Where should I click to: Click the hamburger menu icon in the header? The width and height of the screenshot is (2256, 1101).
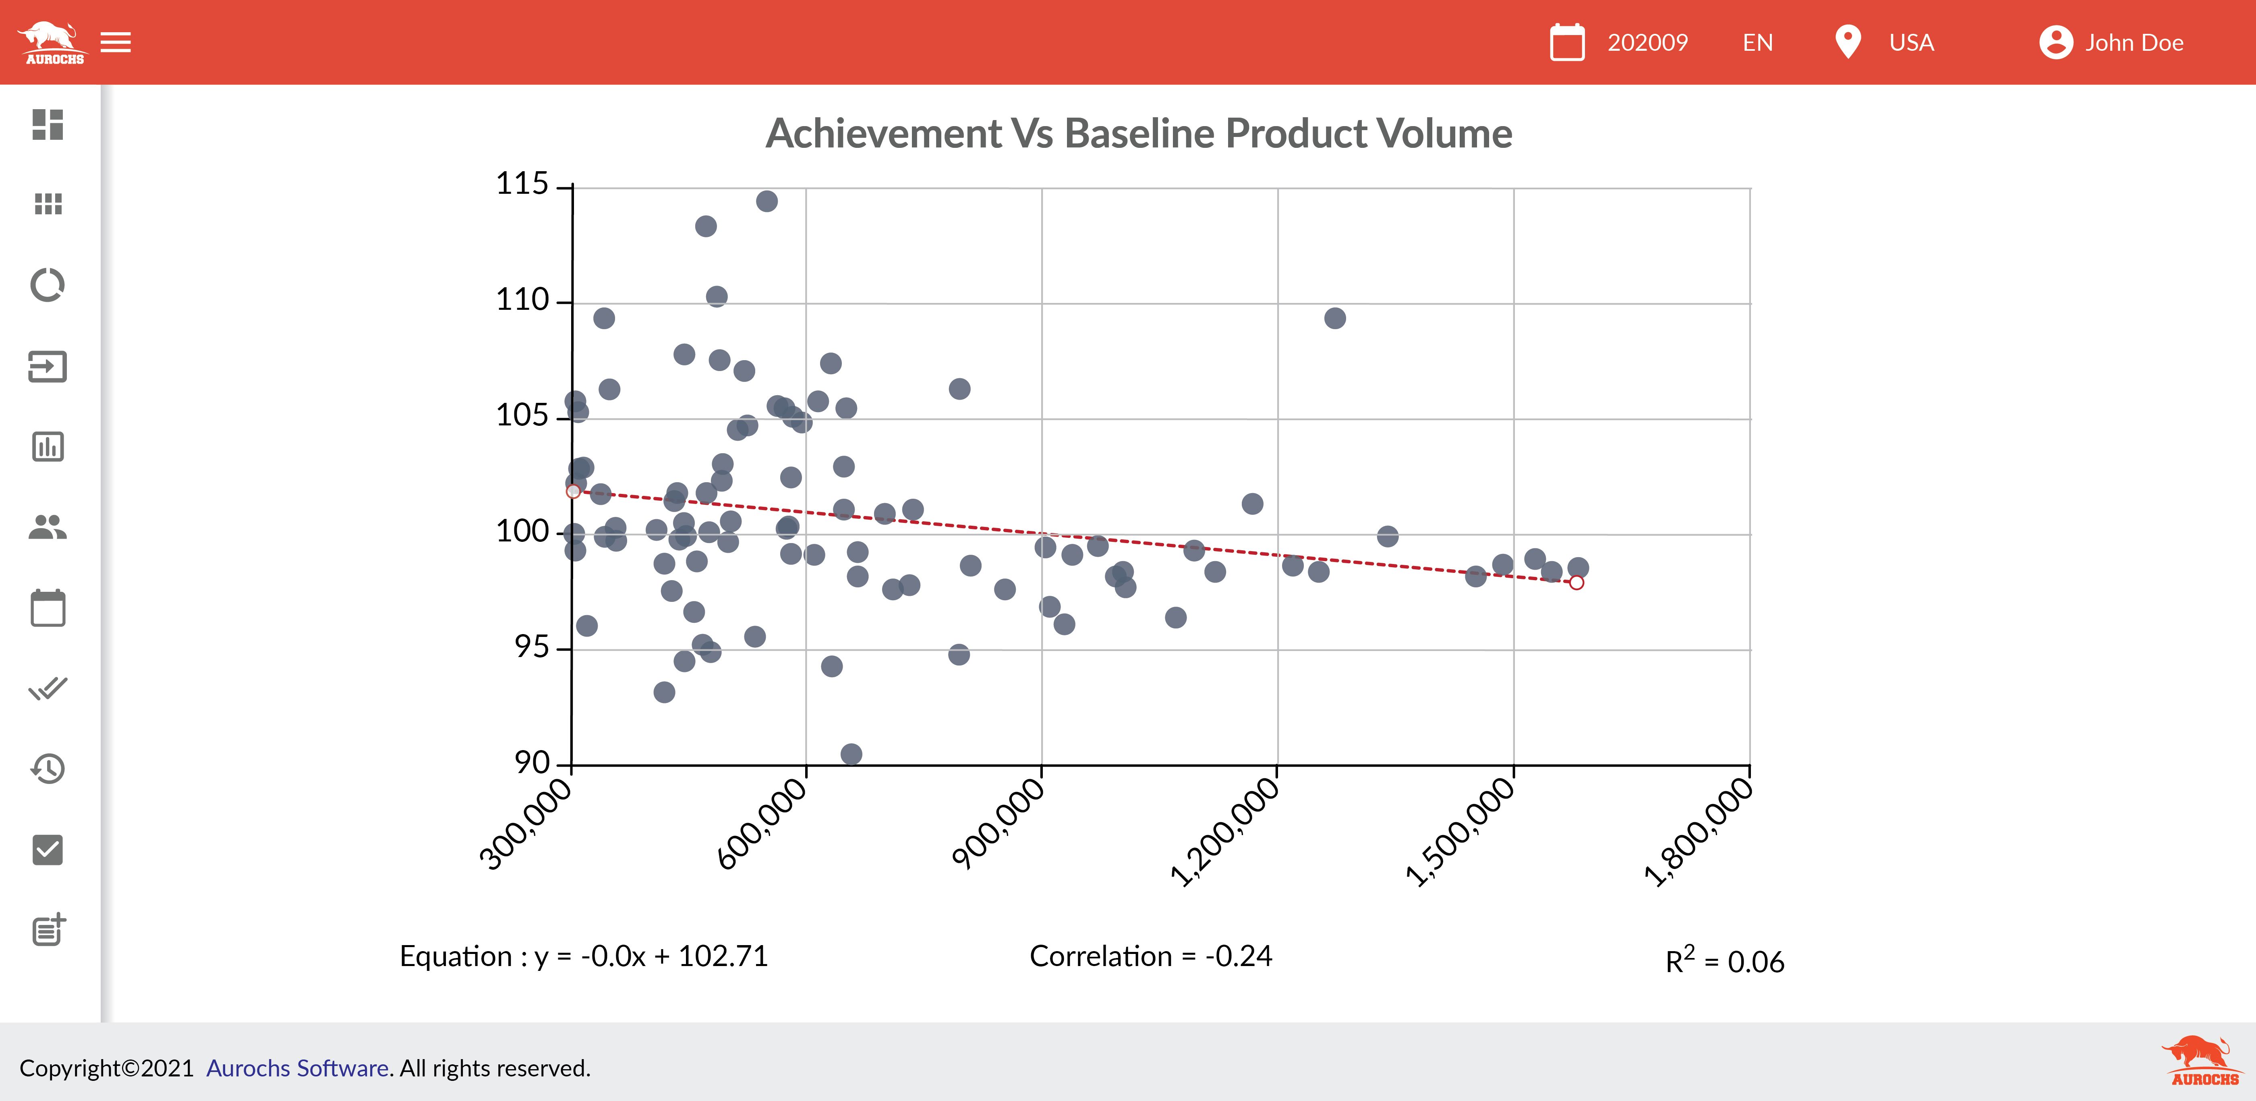tap(116, 42)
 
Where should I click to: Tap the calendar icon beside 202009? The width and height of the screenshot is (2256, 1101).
tap(1567, 42)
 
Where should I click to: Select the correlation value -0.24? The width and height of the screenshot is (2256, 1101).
tap(1238, 956)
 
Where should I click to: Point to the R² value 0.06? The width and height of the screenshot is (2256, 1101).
tap(1755, 962)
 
